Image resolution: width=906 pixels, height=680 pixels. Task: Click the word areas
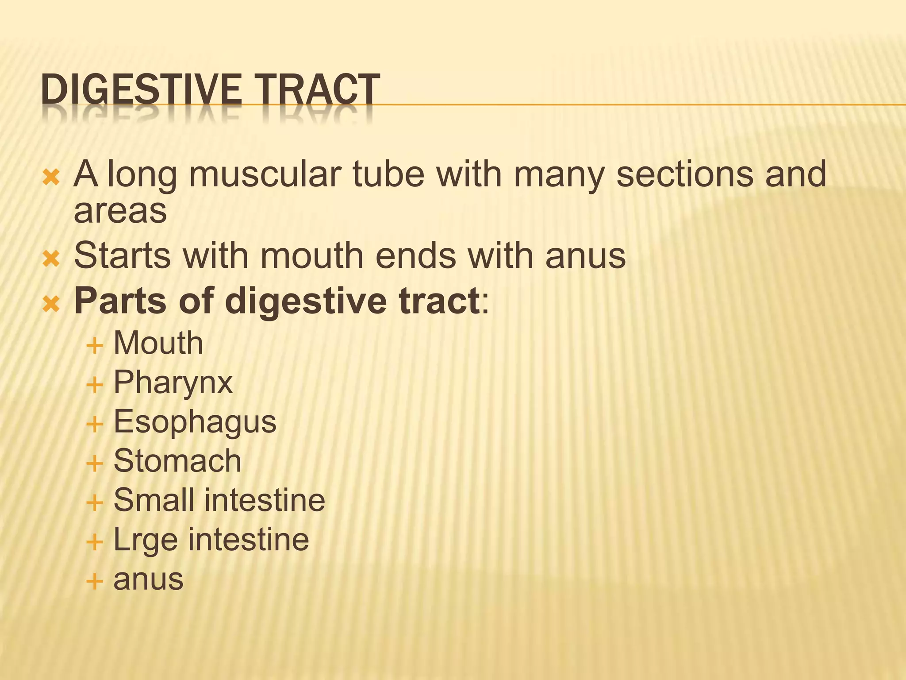(x=120, y=212)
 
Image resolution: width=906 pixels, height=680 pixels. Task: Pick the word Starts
(x=122, y=255)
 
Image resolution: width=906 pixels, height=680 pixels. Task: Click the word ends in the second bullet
(x=415, y=255)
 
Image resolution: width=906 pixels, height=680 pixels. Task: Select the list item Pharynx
(x=173, y=382)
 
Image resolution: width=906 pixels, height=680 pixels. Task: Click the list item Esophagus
(x=195, y=421)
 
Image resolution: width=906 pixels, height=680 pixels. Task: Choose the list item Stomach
(x=177, y=461)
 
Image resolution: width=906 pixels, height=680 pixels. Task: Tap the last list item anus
(x=148, y=580)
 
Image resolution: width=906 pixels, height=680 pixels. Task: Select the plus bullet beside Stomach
(x=95, y=464)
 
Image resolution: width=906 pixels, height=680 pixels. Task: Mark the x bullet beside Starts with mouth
(x=51, y=259)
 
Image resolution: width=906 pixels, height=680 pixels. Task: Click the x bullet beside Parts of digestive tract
(x=51, y=304)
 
